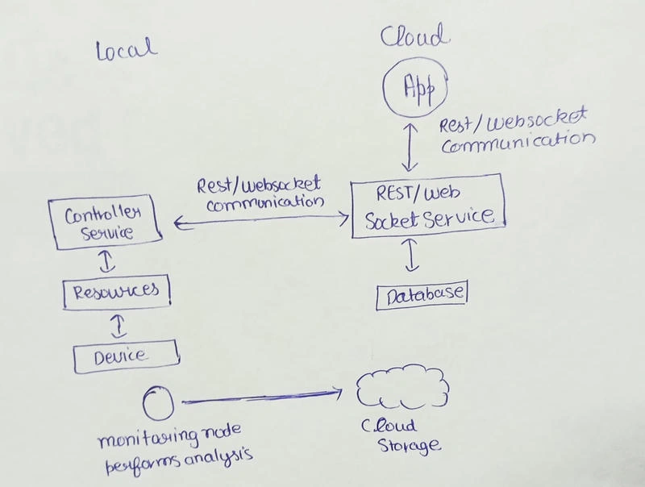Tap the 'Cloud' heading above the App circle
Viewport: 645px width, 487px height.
coord(414,35)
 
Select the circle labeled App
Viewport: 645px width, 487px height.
coord(384,88)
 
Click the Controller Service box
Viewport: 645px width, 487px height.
coord(48,222)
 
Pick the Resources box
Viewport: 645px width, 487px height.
coord(64,292)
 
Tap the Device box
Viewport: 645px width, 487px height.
coord(74,358)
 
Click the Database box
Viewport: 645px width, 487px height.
coord(377,295)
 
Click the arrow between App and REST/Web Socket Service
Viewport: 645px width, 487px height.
coord(410,147)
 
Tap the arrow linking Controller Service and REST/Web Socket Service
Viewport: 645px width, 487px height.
coord(261,219)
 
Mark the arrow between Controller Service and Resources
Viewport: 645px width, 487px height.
coord(107,261)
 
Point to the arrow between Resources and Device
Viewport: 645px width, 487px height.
coord(119,327)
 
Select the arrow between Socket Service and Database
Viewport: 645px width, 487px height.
coord(412,256)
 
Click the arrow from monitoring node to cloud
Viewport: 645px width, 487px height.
coord(261,398)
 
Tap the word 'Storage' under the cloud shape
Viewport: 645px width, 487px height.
coord(409,445)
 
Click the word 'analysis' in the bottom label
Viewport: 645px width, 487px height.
coord(218,457)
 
